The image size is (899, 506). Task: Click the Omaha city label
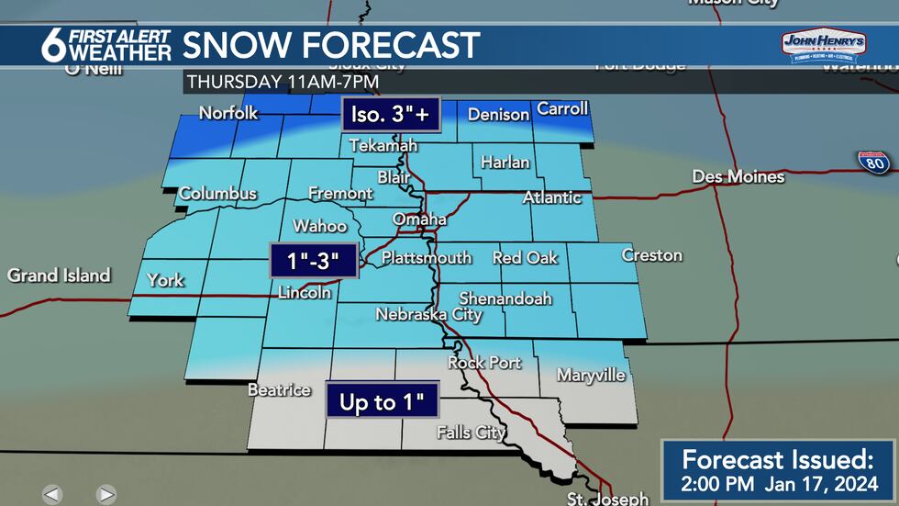419,219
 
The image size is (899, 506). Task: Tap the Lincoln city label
305,293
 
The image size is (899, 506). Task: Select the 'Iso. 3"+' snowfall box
391,115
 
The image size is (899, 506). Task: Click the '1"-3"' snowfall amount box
312,261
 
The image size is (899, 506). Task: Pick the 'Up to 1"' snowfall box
382,402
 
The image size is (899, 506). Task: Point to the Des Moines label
738,176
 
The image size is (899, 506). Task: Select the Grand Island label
59,275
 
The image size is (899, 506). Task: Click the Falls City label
472,432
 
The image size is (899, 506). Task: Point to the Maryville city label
591,375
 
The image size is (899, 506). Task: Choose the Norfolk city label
229,114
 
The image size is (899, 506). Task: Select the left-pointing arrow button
52,494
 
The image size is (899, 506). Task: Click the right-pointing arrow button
106,494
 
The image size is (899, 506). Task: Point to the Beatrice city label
279,389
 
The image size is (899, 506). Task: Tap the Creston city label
651,254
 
